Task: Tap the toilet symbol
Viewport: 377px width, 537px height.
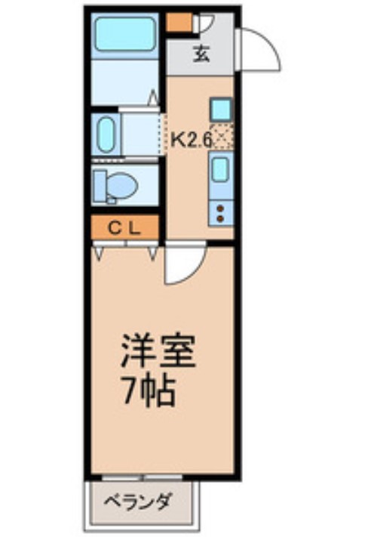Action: click(113, 184)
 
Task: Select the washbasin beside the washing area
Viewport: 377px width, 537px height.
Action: click(106, 134)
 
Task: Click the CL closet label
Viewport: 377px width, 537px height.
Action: click(125, 227)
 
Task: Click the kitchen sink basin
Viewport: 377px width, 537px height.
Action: click(220, 168)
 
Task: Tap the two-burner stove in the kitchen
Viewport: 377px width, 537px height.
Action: click(220, 212)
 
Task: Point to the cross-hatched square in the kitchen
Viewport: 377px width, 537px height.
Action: click(221, 137)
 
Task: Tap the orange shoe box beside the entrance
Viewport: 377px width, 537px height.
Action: click(179, 23)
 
